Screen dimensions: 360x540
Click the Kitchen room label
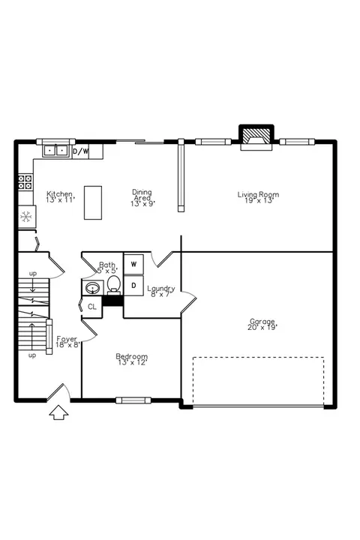(59, 194)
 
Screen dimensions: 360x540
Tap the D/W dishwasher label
(81, 151)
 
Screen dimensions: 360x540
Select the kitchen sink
(55, 151)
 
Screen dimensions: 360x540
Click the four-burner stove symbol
(25, 182)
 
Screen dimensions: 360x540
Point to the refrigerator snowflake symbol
(25, 217)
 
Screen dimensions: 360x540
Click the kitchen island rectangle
(93, 202)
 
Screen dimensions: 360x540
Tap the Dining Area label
(142, 195)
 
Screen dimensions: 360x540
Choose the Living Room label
(258, 194)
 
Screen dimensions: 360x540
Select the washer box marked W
(133, 265)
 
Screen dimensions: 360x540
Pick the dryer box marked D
(133, 286)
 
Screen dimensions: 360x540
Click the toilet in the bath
(114, 285)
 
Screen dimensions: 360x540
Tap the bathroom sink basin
(92, 288)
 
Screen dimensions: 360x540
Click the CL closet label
(92, 307)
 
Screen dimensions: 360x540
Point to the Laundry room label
(161, 289)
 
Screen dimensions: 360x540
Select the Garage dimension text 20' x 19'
(262, 327)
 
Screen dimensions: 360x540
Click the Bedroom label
(131, 356)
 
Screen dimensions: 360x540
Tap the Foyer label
(67, 339)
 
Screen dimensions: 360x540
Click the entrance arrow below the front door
(59, 412)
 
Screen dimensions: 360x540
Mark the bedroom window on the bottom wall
(133, 400)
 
